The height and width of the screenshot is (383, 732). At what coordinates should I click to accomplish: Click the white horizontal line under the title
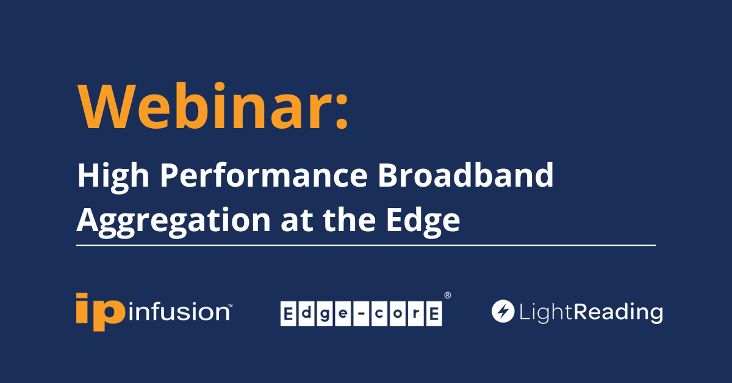point(366,245)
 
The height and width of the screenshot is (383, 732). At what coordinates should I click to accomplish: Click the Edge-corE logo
point(361,313)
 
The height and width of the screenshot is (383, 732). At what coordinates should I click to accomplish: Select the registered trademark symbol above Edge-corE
point(447,295)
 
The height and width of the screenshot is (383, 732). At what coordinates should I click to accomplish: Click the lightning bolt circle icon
point(503,312)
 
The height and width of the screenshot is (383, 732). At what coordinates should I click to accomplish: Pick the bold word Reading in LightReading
point(618,313)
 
